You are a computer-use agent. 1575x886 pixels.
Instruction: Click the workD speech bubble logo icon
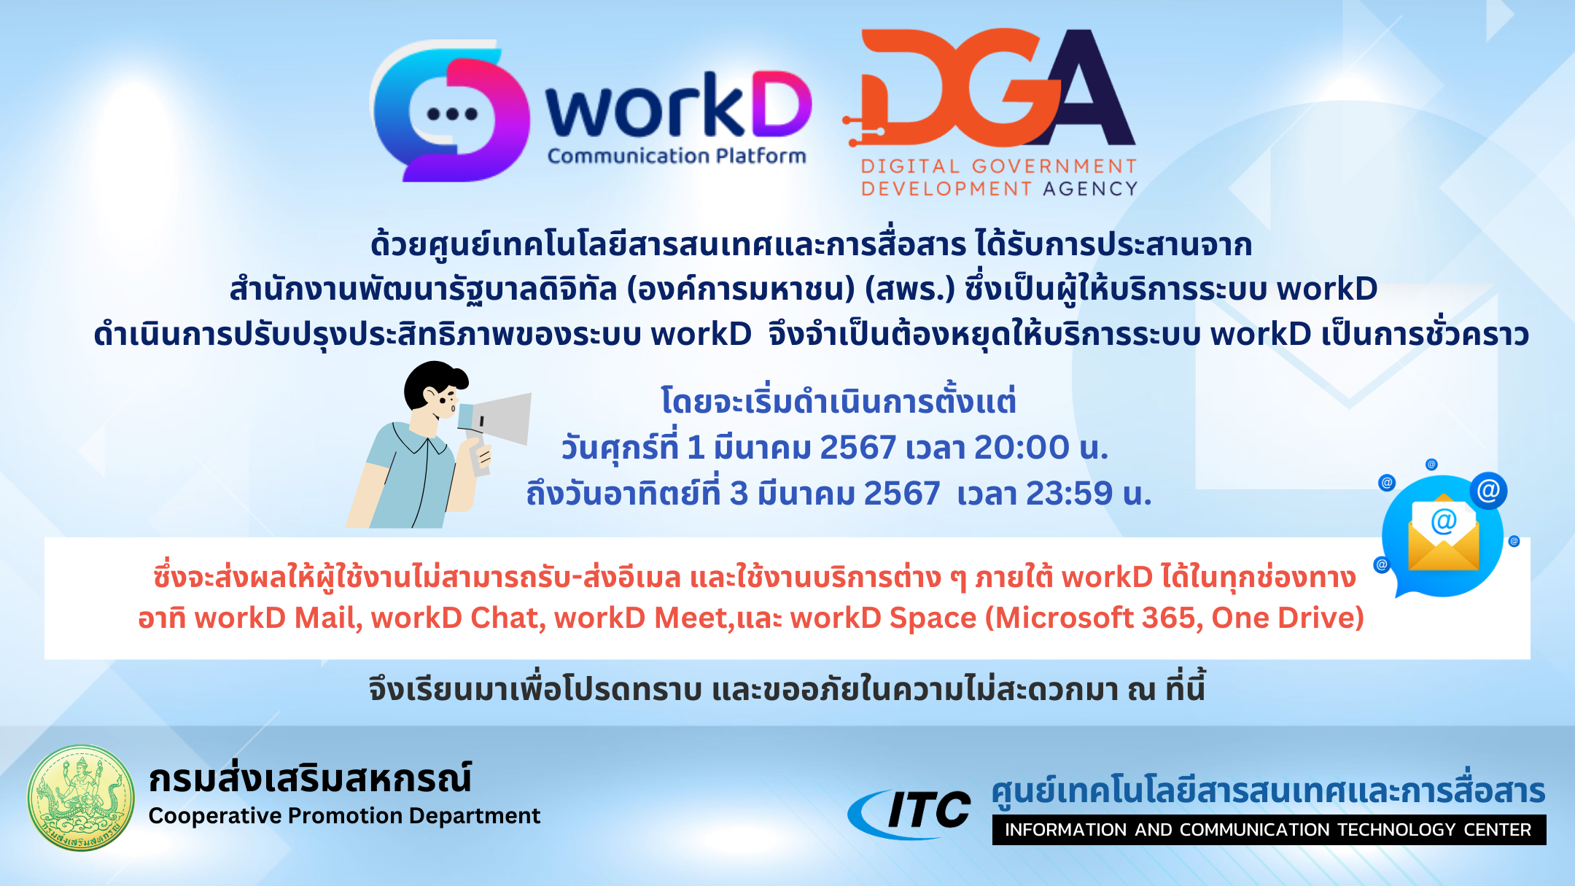451,112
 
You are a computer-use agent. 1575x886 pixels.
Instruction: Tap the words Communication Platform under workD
677,156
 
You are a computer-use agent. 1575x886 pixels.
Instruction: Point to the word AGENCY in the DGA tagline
1090,189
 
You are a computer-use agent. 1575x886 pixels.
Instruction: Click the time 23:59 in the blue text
1069,494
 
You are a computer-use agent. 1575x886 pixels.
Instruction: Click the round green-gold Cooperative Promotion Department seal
81,798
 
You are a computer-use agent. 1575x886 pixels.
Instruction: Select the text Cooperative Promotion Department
344,815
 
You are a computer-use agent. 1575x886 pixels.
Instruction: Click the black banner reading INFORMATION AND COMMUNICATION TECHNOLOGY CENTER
1268,830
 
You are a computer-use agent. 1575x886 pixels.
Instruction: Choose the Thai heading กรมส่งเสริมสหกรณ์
310,779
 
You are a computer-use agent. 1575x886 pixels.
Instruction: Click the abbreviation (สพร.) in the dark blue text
909,289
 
